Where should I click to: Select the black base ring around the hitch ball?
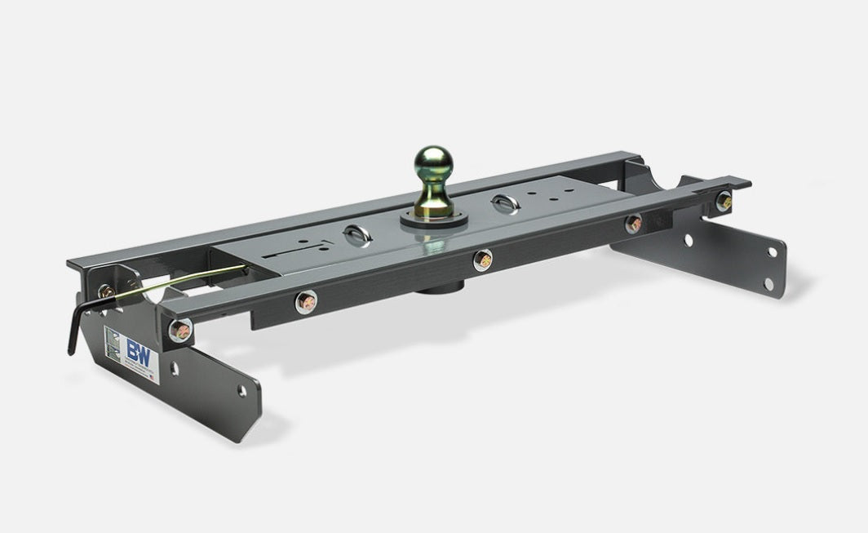coord(434,218)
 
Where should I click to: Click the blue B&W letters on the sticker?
coord(136,353)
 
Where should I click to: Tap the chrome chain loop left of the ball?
coord(357,235)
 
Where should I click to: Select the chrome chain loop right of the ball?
coord(506,202)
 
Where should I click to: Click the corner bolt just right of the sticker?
coord(180,331)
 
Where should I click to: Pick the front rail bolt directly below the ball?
coord(483,260)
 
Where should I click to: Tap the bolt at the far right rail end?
coord(723,200)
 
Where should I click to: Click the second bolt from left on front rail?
coord(306,301)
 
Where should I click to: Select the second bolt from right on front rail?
coord(634,223)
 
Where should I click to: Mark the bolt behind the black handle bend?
coord(106,291)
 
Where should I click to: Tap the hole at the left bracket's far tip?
coord(242,391)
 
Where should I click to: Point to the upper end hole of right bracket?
coord(771,251)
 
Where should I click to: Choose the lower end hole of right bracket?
coord(768,283)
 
